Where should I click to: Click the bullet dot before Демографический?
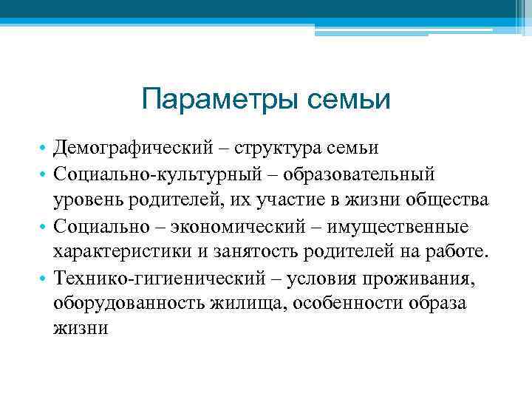[x=45, y=149]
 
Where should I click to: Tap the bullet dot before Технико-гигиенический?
[x=45, y=278]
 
